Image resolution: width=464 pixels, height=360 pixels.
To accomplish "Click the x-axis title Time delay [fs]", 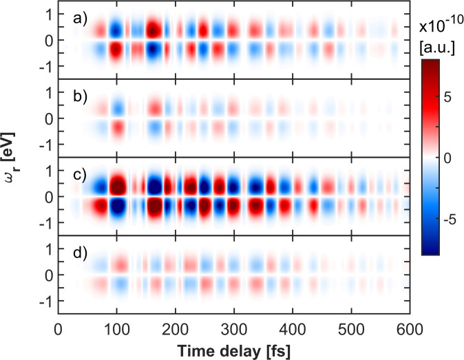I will point(234,350).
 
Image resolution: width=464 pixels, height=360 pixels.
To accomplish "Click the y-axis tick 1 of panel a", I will point(48,14).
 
